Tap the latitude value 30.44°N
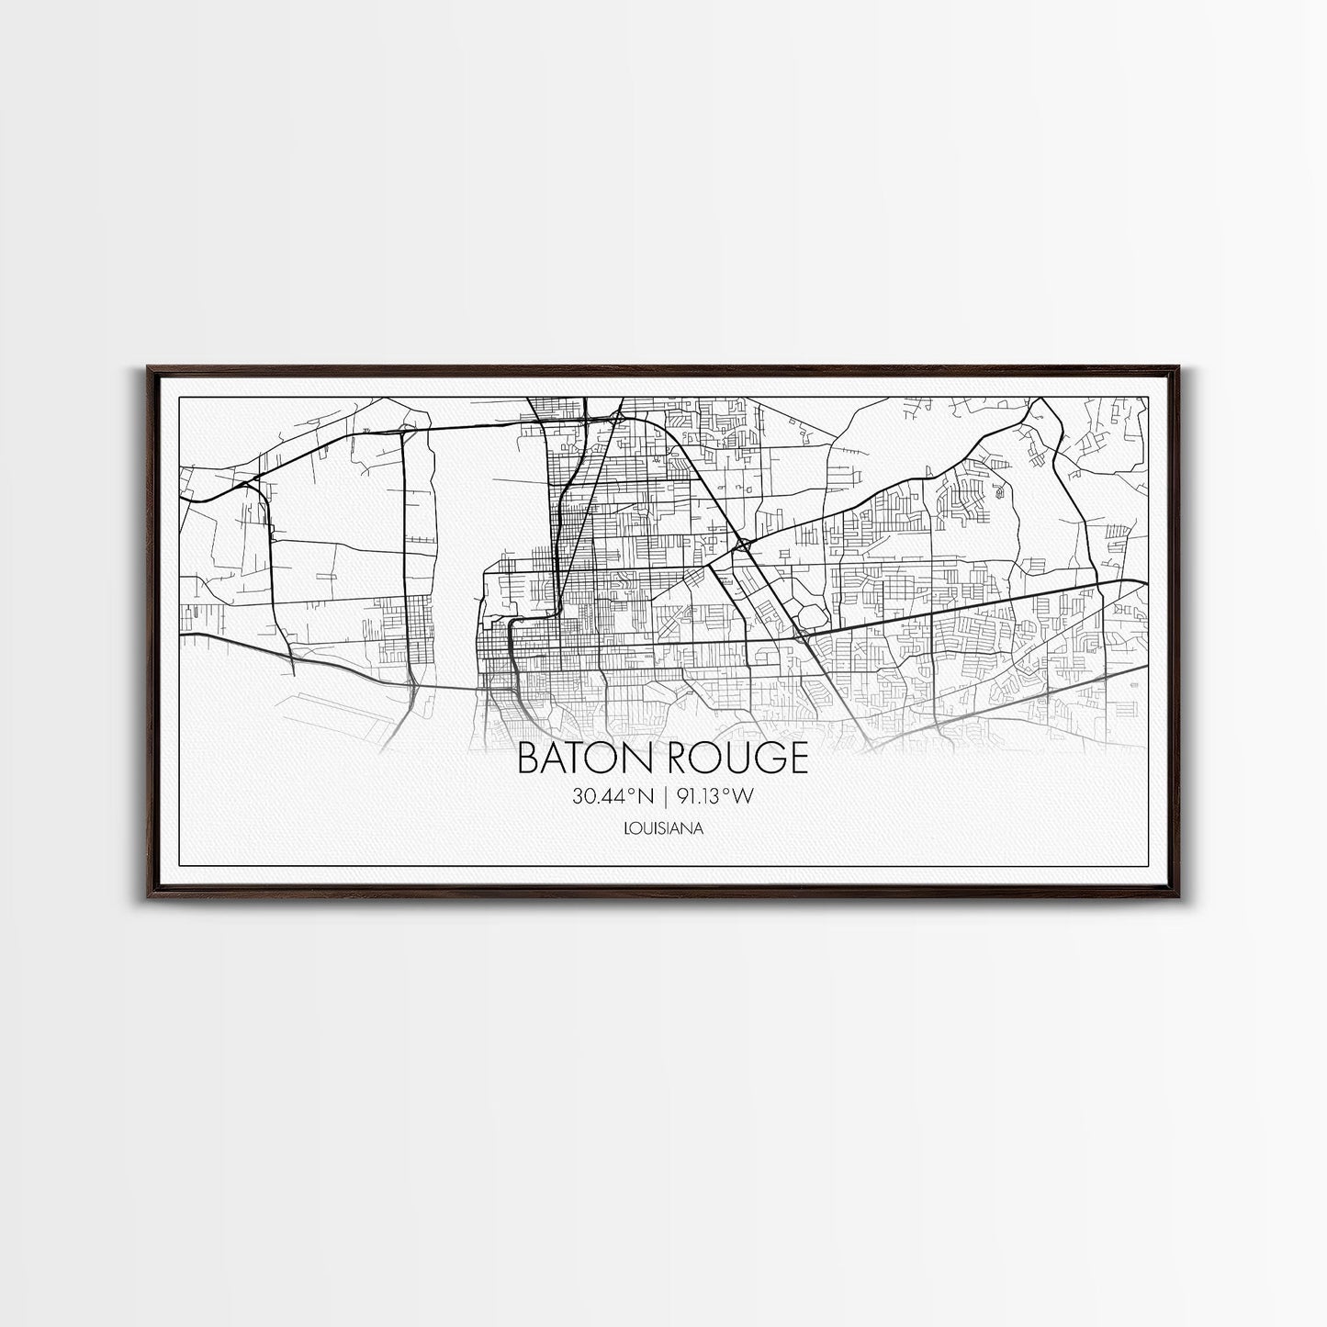612,797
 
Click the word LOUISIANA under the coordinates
663,828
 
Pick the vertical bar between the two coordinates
665,797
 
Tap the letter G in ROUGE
768,759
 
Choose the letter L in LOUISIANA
625,828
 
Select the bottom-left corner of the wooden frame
147,892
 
